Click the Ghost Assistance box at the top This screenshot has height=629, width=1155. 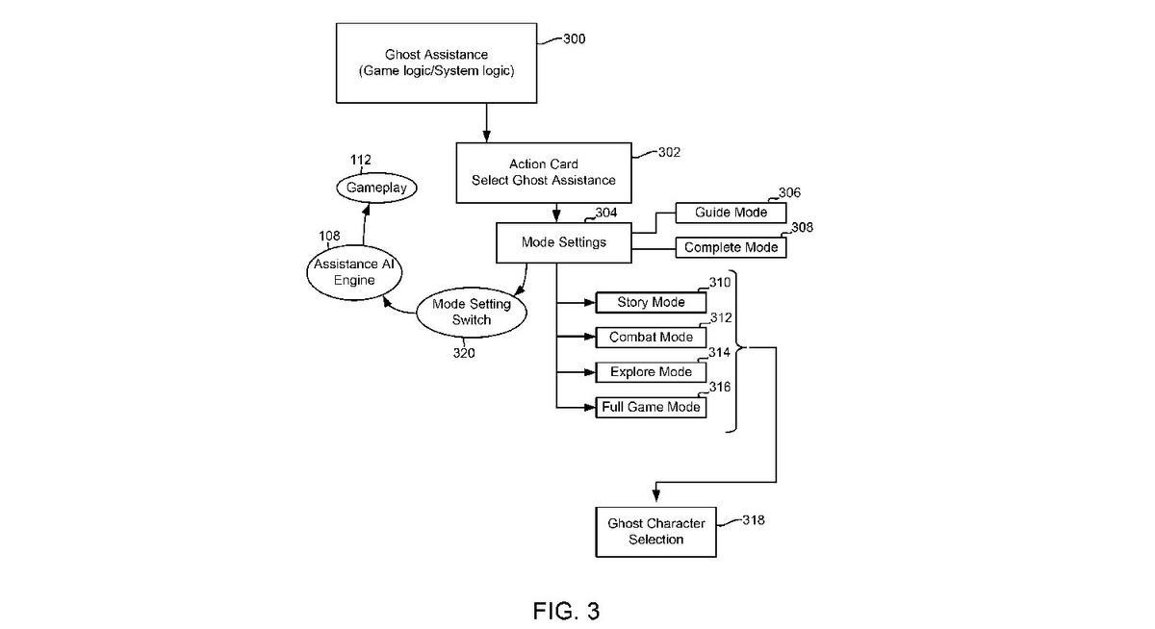(436, 63)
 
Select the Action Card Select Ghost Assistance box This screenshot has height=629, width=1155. (543, 172)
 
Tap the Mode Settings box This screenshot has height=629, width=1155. (564, 242)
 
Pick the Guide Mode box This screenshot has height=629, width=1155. (731, 213)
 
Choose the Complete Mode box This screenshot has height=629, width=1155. (731, 248)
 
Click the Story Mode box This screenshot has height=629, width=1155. (651, 302)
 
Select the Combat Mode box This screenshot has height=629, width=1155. (651, 338)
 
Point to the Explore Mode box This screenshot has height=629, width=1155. (651, 372)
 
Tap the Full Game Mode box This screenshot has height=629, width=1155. (651, 407)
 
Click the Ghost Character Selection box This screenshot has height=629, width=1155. (655, 531)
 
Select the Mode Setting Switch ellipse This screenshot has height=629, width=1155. (471, 312)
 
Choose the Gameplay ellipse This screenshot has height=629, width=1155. (376, 188)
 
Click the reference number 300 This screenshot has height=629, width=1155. (574, 39)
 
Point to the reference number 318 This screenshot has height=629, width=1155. (754, 520)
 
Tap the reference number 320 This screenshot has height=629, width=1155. (464, 352)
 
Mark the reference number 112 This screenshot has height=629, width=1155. (361, 160)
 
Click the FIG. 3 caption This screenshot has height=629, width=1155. (566, 611)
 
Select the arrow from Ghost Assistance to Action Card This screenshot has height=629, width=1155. (487, 122)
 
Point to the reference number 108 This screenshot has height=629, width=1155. (330, 236)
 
